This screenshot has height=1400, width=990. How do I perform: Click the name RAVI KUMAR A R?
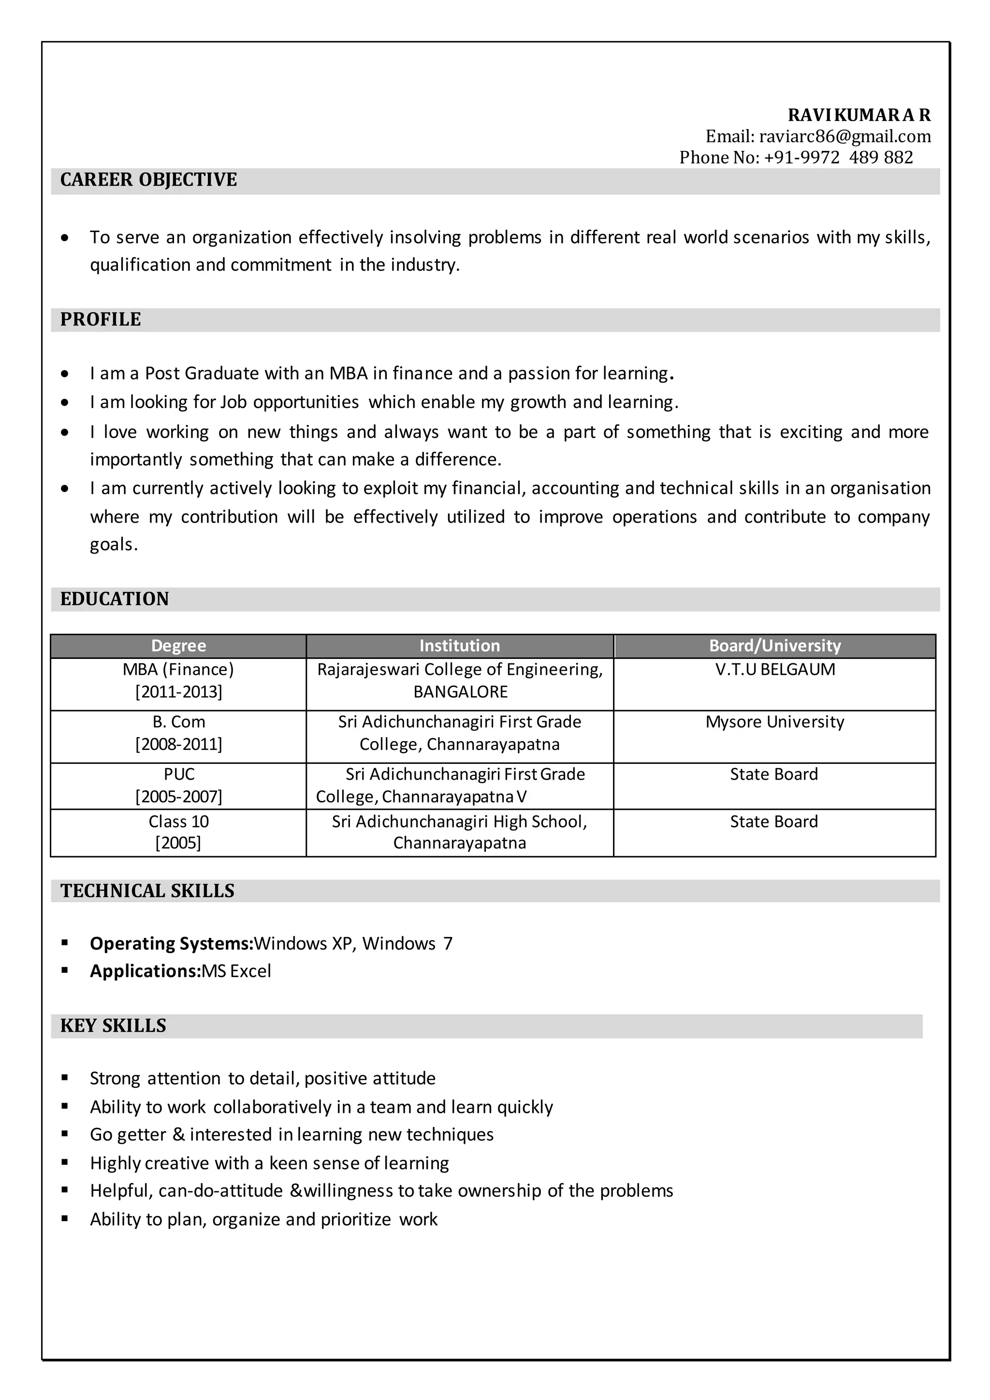point(859,115)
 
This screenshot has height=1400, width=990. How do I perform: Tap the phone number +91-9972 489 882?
point(838,157)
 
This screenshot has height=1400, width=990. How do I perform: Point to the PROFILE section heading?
point(100,320)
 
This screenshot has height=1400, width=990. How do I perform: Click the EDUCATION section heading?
point(114,599)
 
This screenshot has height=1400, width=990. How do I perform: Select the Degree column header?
point(178,646)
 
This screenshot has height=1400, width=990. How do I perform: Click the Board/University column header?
point(774,646)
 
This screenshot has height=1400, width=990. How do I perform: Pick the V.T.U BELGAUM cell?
point(775,670)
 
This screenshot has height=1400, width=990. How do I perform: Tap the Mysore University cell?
point(774,722)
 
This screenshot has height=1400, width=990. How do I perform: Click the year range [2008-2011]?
point(178,744)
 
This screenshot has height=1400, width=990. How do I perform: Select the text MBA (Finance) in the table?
point(178,670)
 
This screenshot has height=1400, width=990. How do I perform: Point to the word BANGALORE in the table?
point(460,692)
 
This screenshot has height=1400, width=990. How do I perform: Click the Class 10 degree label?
point(178,821)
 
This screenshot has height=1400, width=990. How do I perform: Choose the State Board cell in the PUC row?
point(773,774)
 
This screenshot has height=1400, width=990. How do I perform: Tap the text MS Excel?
point(236,971)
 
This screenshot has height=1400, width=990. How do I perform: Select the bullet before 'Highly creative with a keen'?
point(65,1162)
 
